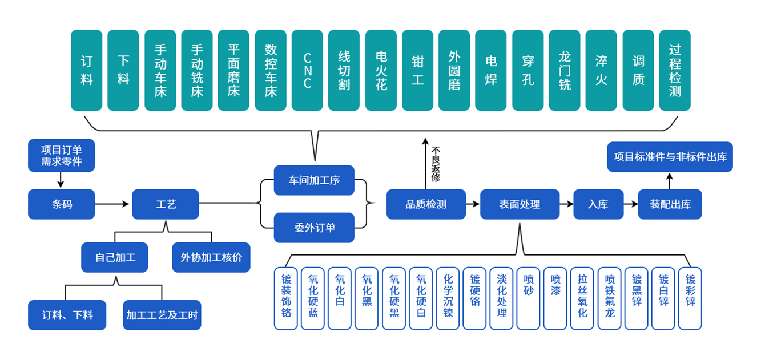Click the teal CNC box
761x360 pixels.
307,70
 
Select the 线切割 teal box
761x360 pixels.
344,70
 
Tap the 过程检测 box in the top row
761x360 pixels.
675,70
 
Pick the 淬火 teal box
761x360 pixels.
601,70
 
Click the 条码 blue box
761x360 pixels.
62,204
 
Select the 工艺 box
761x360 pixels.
166,204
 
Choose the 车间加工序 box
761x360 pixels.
314,180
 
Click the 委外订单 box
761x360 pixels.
314,228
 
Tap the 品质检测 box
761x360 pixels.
426,204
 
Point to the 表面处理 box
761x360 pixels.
520,204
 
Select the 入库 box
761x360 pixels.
598,204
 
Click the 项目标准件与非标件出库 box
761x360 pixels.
670,157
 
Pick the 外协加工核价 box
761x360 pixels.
211,257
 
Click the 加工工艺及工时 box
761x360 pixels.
162,315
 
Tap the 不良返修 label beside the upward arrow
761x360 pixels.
436,164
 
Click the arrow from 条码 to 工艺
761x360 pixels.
113,204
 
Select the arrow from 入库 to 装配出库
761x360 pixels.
631,204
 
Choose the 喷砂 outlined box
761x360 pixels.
528,298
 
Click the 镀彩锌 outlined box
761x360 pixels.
690,298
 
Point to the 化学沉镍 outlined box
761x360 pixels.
448,298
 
